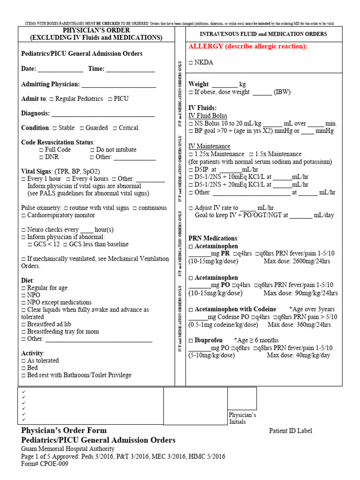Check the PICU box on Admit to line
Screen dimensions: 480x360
pyautogui.click(x=110, y=99)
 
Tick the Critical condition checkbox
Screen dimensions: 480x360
pyautogui.click(x=114, y=128)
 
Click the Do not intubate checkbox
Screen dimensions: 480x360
pyautogui.click(x=92, y=150)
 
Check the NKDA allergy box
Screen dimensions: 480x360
pyautogui.click(x=191, y=62)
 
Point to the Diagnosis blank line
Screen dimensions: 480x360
pyautogui.click(x=103, y=113)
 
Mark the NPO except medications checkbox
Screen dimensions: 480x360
pyautogui.click(x=23, y=303)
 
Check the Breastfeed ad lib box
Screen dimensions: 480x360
pyautogui.click(x=23, y=324)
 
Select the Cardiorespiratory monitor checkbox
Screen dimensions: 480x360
pyautogui.click(x=23, y=216)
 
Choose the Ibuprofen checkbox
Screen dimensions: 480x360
pyautogui.click(x=191, y=340)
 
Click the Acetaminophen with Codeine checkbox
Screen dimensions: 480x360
pyautogui.click(x=191, y=310)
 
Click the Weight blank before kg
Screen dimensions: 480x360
pyautogui.click(x=225, y=85)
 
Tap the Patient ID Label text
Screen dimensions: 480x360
pyautogui.click(x=290, y=431)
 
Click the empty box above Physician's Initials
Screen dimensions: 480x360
pyautogui.click(x=242, y=398)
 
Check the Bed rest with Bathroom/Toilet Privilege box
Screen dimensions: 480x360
pyautogui.click(x=23, y=375)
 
